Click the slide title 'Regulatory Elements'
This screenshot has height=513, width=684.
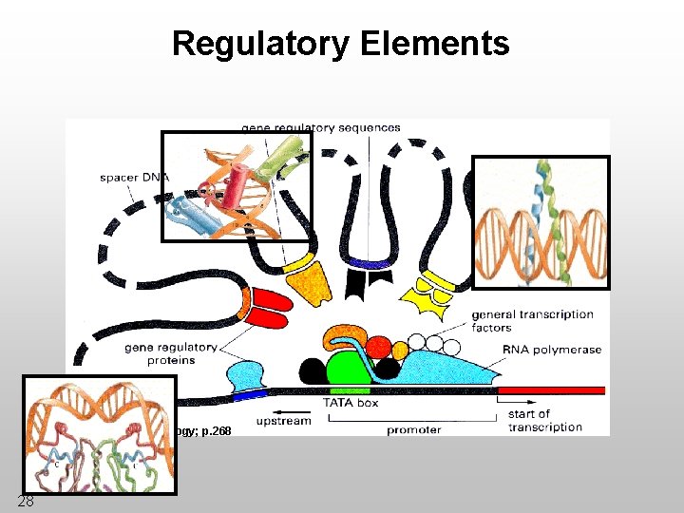coord(340,44)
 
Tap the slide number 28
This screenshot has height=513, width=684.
coord(26,501)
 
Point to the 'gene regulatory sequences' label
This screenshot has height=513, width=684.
coord(321,127)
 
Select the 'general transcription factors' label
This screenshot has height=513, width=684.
coord(531,321)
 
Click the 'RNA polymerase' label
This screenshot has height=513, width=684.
coord(552,350)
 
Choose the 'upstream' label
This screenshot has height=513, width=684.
coord(284,420)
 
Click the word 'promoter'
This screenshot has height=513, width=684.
coord(413,429)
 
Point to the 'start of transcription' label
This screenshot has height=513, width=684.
coord(544,420)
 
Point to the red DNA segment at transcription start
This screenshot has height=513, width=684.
coord(551,390)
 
